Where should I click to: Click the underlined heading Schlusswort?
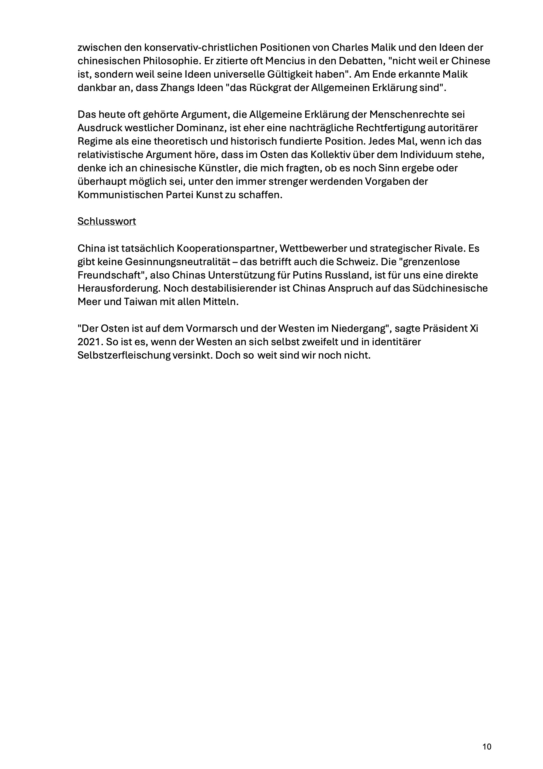tap(107, 221)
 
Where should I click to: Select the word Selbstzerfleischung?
tap(124, 355)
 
